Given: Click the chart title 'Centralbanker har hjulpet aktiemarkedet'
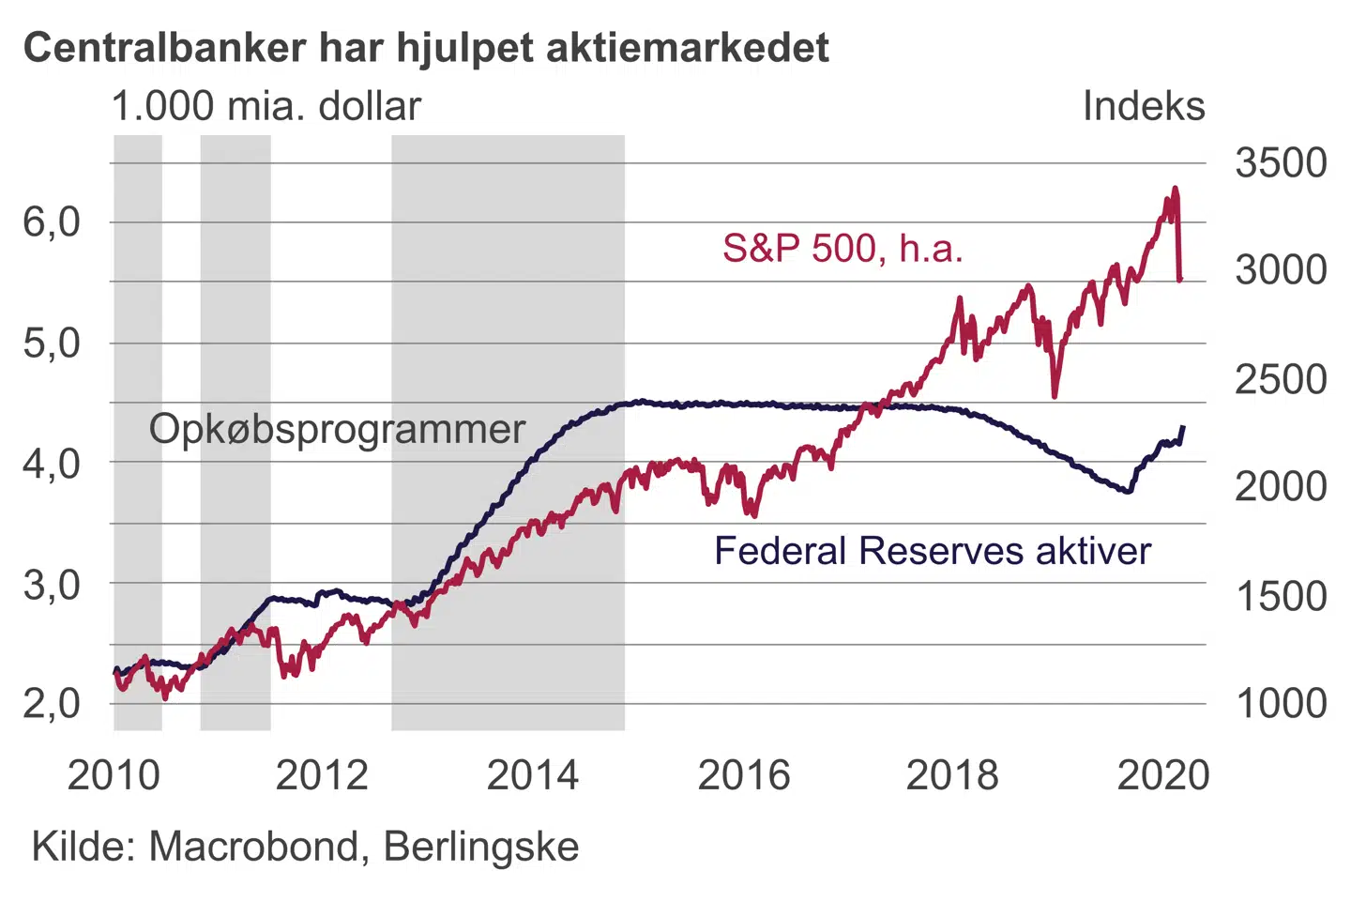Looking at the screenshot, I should pos(426,47).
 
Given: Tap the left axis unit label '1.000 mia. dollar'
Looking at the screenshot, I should pos(266,106).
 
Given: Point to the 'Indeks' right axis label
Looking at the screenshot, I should pos(1143,106).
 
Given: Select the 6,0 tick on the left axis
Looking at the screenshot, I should pos(52,222).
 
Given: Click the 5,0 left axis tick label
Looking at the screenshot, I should pos(52,344).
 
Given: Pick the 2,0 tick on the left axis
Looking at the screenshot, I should pos(52,703).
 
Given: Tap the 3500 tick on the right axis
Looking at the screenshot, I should pos(1281,163).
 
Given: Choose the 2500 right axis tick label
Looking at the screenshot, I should pos(1281,379).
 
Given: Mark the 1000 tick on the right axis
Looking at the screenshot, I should pos(1281,703).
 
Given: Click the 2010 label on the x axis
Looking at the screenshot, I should pos(114,775).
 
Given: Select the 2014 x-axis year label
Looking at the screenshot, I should pos(533,775).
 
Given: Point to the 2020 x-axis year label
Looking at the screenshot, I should pos(1162,775).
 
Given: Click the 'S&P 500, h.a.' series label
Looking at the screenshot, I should pos(842,248).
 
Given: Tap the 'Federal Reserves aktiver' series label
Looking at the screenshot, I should pos(932,551).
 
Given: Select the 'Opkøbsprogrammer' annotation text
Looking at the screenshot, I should pos(337,429).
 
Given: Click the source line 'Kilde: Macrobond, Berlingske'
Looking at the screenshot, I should pos(305,847).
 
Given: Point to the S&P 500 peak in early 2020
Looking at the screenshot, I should pos(1174,190).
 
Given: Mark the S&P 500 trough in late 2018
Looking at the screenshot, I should pos(1055,396).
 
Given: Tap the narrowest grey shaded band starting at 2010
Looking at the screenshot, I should pos(138,432).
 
